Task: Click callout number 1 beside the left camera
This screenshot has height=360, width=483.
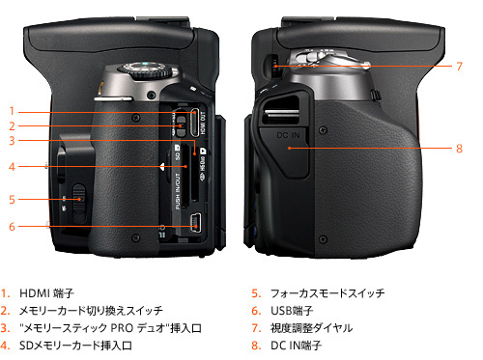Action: tap(13, 111)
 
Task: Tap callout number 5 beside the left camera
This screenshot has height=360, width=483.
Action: tap(13, 200)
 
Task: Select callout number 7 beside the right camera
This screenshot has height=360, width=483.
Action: tap(460, 66)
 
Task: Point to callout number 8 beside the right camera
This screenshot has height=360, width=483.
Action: tap(460, 148)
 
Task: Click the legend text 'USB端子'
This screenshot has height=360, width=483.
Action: tap(288, 311)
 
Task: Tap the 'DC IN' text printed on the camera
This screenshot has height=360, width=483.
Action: tap(285, 137)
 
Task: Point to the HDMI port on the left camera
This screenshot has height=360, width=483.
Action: tap(194, 122)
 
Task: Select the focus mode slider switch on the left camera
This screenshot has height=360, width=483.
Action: tap(77, 201)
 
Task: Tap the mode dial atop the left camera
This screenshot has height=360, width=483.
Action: tap(144, 73)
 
